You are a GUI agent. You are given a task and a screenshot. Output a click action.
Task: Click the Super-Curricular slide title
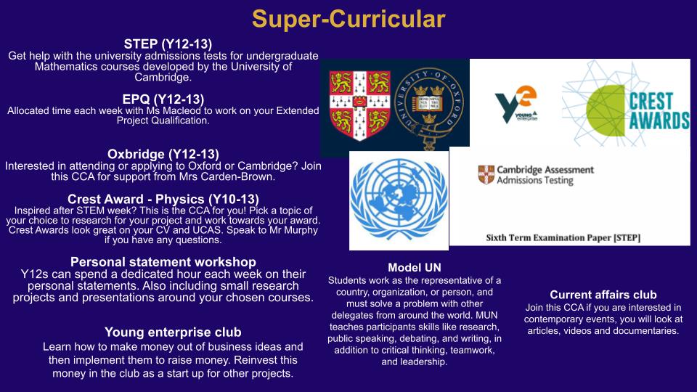pos(348,20)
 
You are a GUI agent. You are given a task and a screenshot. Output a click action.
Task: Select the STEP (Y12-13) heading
pos(168,44)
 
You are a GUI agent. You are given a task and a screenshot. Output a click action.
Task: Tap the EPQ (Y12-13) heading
pos(163,99)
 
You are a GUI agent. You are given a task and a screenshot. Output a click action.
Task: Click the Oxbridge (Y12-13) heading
pos(163,154)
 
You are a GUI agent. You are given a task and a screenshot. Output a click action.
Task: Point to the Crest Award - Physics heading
pos(163,199)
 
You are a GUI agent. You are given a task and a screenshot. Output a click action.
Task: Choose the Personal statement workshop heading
pos(163,262)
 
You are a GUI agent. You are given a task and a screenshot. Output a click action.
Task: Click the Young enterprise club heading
pos(173,332)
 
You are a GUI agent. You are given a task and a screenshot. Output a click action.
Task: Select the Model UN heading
pos(415,268)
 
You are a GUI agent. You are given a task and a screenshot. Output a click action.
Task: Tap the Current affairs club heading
pos(603,295)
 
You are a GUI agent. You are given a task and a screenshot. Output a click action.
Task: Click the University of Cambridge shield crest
pos(359,105)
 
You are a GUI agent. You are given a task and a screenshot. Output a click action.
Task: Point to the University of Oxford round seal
pos(429,107)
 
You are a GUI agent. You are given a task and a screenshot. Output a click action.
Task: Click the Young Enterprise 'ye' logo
pos(516,104)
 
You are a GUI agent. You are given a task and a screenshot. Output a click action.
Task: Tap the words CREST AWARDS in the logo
pos(659,110)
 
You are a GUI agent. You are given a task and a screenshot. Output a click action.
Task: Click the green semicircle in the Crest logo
pos(606,110)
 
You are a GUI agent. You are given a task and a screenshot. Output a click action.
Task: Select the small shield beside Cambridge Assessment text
pos(486,175)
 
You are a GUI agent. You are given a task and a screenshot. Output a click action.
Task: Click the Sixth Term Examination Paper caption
pos(563,238)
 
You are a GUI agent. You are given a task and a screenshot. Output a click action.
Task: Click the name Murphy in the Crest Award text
pos(299,230)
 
